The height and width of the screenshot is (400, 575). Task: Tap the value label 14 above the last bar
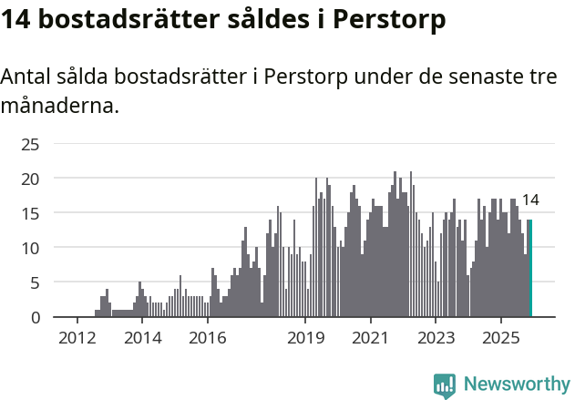[529, 200]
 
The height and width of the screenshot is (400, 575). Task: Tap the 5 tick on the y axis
[35, 282]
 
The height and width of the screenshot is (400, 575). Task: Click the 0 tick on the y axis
[35, 317]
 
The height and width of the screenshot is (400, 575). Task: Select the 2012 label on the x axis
[77, 339]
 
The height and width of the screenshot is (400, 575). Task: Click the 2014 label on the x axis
[142, 339]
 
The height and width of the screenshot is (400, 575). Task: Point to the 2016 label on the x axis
[208, 339]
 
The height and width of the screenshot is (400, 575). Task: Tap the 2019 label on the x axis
[305, 339]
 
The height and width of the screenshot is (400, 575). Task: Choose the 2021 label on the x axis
[370, 339]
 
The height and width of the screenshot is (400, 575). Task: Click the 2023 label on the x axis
[436, 339]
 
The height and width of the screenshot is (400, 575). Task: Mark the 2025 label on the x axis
[500, 339]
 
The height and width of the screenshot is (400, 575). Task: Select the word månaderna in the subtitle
[60, 106]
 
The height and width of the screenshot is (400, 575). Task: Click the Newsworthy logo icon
[445, 385]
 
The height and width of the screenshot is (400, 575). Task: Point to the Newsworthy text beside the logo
[516, 385]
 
